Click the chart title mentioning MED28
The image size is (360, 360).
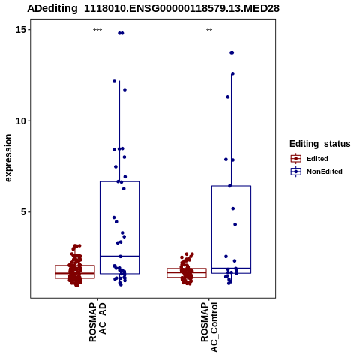pos(153,8)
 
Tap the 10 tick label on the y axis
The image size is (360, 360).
pos(21,121)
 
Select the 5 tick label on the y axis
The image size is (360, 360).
pos(23,212)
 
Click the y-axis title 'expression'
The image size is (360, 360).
pos(8,158)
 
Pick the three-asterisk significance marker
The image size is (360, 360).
pos(97,31)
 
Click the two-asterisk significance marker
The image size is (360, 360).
pos(209,31)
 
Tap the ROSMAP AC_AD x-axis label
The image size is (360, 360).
pos(97,322)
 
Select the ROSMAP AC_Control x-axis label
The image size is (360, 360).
pos(209,327)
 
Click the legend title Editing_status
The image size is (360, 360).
pos(320,144)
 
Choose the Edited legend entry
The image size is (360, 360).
pos(310,159)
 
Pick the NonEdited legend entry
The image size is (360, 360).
pos(316,172)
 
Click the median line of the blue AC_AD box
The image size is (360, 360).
pos(119,256)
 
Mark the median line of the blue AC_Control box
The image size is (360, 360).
pos(231,268)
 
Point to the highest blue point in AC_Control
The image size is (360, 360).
pos(232,52)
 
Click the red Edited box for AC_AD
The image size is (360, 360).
pos(75,271)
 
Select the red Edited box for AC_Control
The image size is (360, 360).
pos(187,273)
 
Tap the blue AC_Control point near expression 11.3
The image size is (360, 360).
pos(228,97)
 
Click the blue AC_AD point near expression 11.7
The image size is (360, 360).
pos(124,90)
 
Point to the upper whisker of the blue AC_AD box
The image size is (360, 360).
pos(119,131)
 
